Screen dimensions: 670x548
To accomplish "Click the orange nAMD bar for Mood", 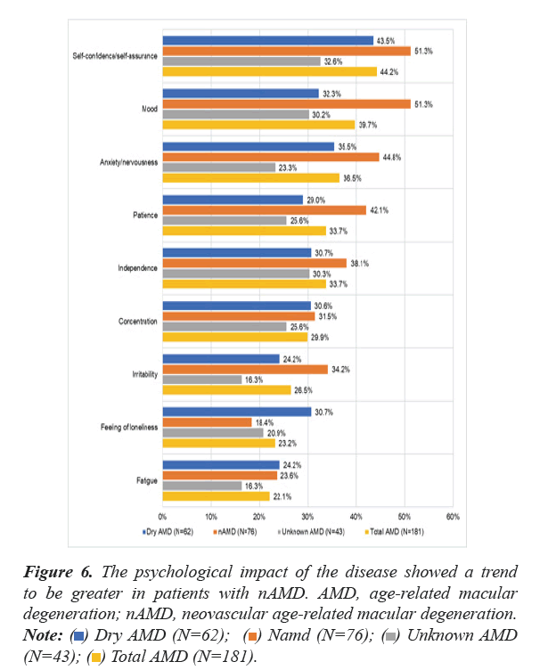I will [x=285, y=104].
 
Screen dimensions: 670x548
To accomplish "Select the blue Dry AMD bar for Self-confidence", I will [x=267, y=40].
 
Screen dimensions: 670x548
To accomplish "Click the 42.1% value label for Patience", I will [x=380, y=210].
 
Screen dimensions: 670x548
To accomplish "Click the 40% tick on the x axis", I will [x=356, y=516].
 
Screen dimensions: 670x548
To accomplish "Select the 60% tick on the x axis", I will [x=452, y=516].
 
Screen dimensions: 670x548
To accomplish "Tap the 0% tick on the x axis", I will [x=162, y=516].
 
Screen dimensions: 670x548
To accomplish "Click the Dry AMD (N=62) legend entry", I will [x=169, y=532].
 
